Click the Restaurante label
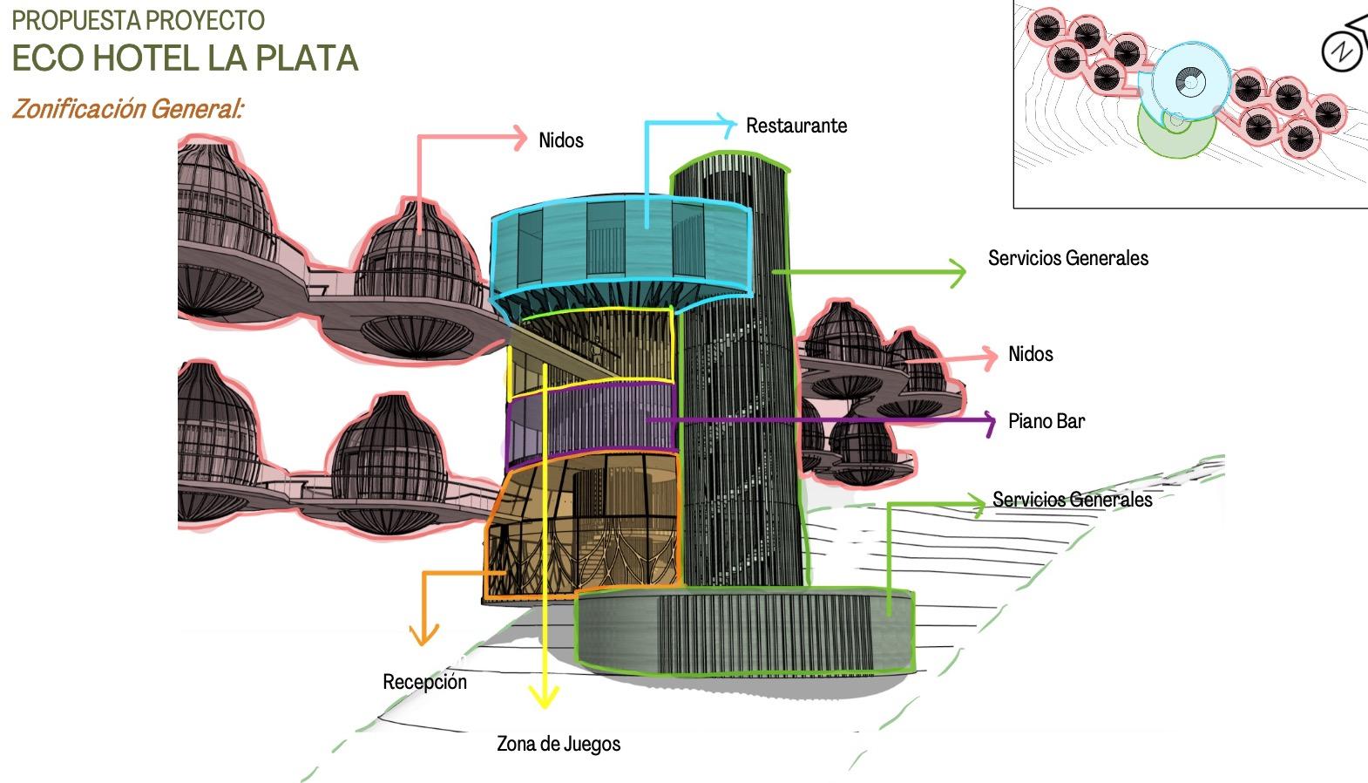pos(796,126)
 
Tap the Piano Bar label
pos(1046,421)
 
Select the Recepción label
pos(424,682)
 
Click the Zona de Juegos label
pos(559,744)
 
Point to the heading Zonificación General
pos(127,109)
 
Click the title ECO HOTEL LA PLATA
pos(185,58)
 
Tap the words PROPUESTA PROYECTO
pos(138,19)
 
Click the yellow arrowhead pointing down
pos(545,698)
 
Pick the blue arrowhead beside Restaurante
pos(726,125)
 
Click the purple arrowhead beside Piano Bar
pos(989,421)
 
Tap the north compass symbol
pos(1342,51)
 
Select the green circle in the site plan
pos(1176,131)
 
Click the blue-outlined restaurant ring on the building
pos(619,244)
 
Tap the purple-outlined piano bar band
pos(593,419)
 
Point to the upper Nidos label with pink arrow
pos(560,140)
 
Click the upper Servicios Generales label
pos(1067,258)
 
